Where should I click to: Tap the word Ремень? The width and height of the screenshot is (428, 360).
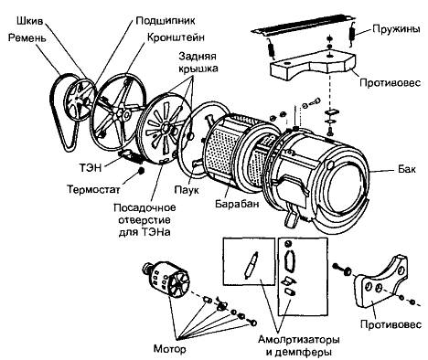coord(27,38)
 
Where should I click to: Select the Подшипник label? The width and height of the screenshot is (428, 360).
coord(166,21)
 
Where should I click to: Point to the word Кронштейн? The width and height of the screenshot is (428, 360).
coord(176,37)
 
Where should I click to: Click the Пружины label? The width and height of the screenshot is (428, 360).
coord(396,29)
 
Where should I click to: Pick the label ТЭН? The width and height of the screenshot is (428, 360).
coord(91,167)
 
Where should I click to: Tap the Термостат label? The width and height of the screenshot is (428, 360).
coord(93,189)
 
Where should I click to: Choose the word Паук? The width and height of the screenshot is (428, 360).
coord(187,190)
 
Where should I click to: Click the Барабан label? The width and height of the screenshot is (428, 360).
coord(237,203)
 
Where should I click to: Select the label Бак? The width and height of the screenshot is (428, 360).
coord(407,169)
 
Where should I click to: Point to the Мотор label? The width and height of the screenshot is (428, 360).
coord(169,348)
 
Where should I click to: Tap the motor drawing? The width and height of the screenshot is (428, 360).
coord(165,279)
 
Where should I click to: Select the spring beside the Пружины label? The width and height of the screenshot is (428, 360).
coord(352,34)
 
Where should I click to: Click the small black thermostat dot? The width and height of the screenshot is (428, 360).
coord(141,171)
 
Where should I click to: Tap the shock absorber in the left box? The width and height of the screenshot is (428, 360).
coord(251,264)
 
